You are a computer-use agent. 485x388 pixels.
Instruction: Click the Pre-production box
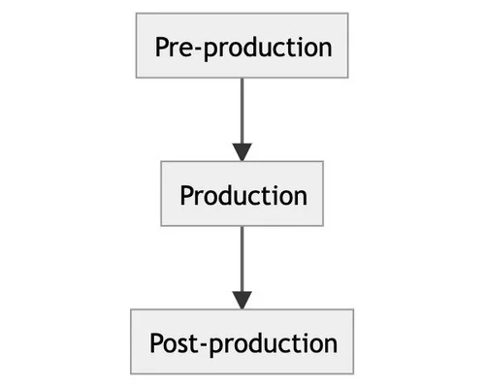click(242, 46)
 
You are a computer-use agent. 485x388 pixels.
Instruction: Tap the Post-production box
click(242, 342)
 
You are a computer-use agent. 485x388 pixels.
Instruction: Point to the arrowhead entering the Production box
click(242, 151)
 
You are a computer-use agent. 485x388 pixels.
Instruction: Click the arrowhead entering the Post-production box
click(242, 300)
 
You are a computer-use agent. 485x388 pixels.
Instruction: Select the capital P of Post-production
click(157, 343)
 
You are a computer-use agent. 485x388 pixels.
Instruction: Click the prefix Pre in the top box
click(178, 47)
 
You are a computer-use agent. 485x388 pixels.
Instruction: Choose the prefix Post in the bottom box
click(177, 343)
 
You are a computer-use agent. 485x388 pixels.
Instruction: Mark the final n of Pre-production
click(324, 48)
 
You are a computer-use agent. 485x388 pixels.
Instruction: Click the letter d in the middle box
click(229, 195)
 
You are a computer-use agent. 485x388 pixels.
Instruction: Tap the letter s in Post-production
click(184, 345)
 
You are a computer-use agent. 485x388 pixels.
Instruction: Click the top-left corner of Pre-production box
click(136, 14)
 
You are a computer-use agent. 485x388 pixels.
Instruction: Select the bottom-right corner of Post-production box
click(353, 374)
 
